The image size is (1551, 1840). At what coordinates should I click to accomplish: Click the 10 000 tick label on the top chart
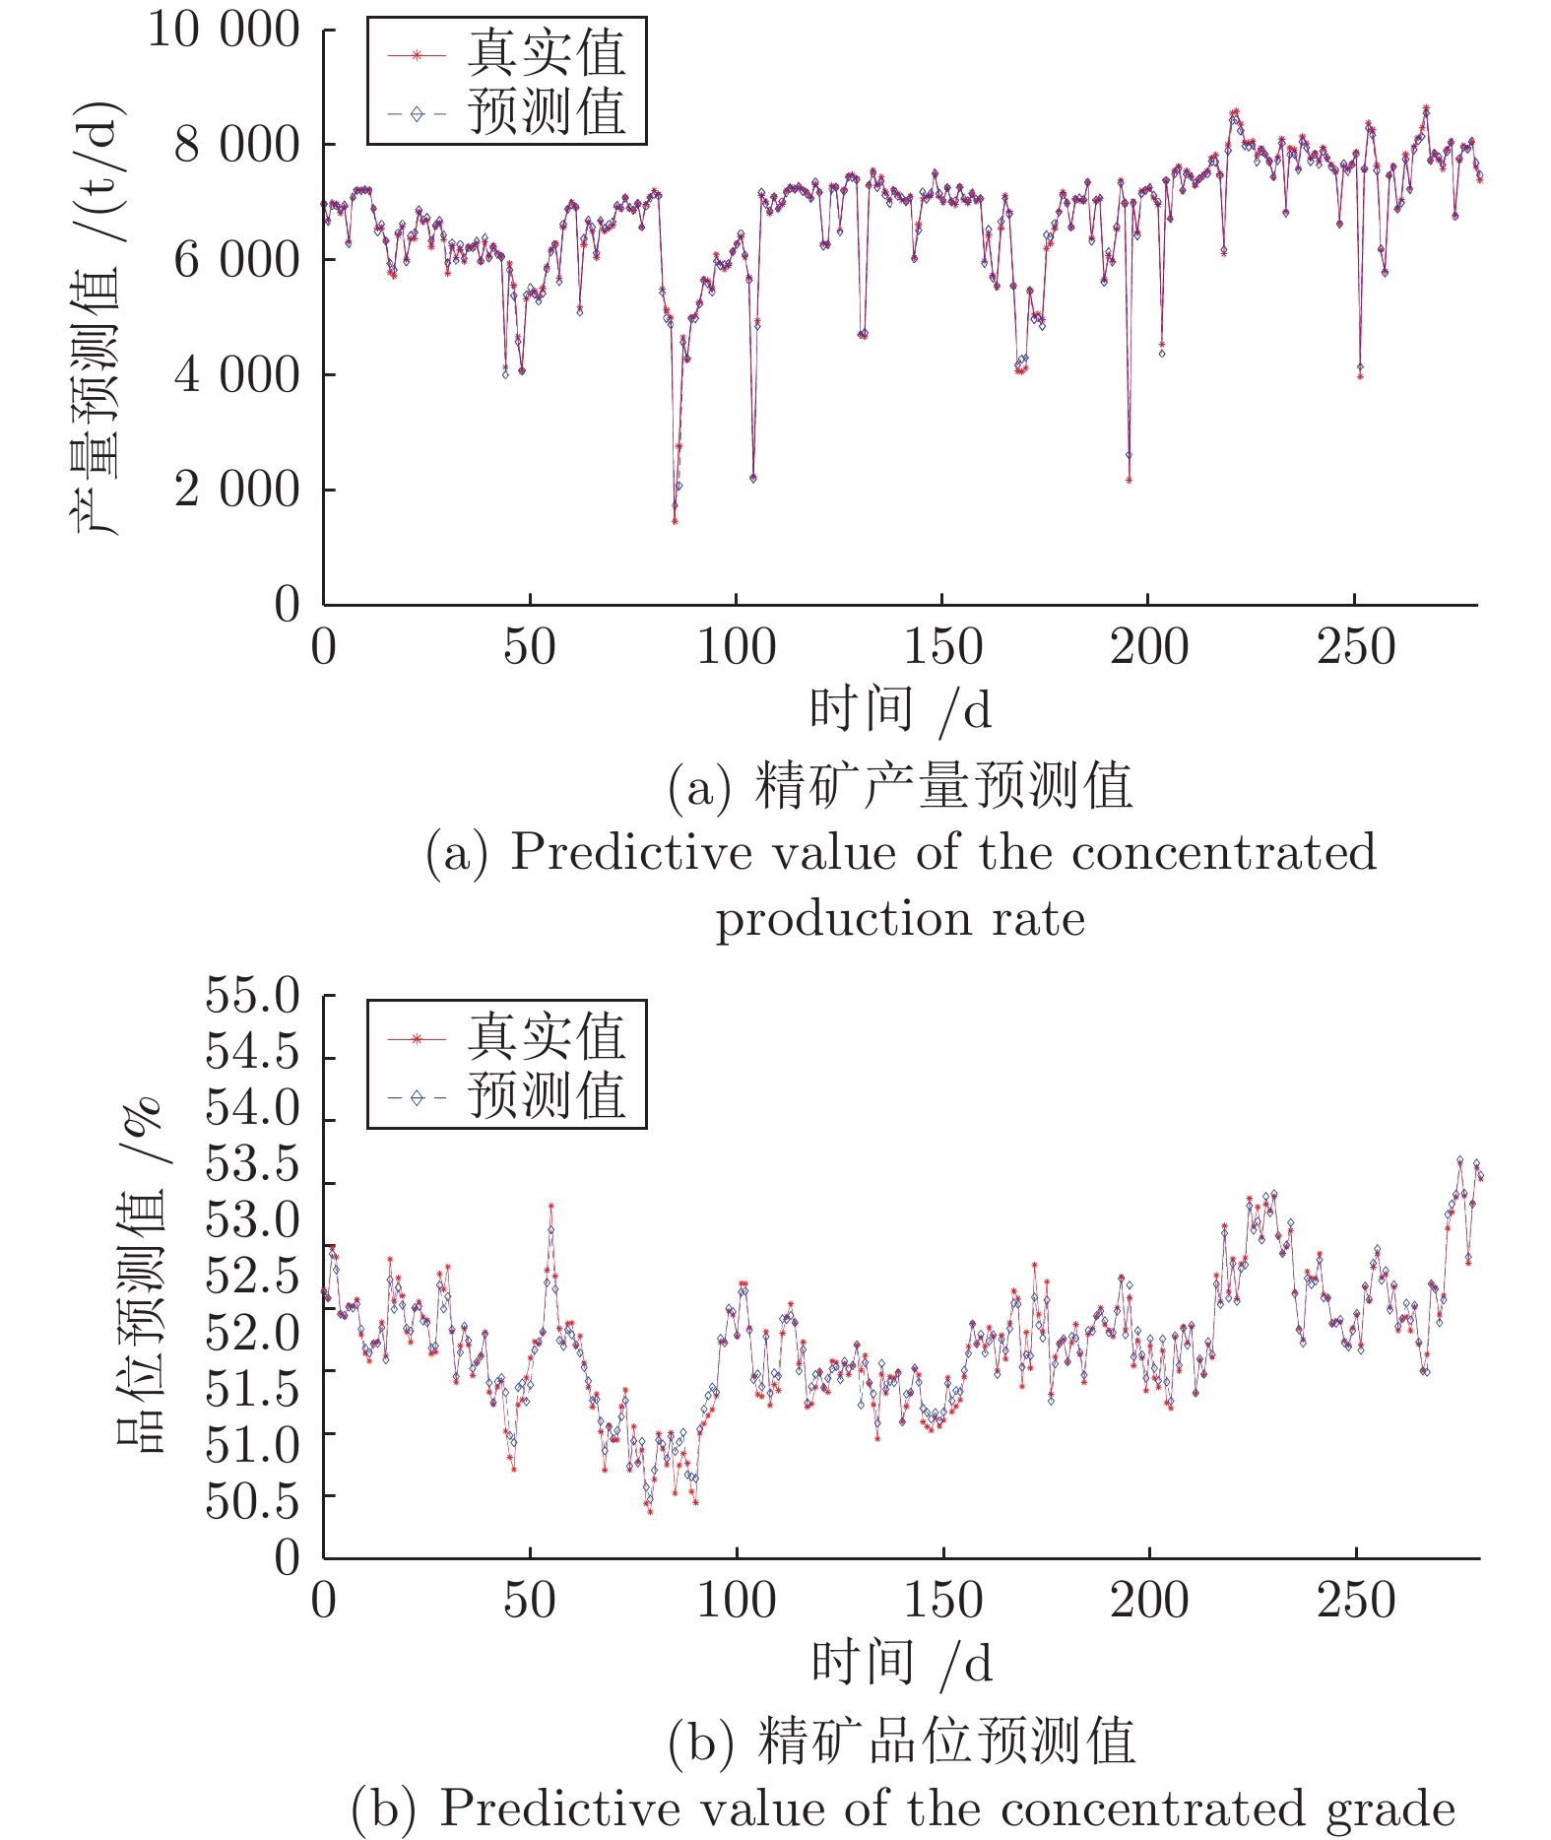point(223,30)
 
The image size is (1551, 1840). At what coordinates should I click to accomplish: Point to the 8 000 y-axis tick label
point(236,145)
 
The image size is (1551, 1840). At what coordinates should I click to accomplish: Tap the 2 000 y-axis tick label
point(236,490)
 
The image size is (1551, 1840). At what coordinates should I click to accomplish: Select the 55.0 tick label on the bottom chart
point(252,996)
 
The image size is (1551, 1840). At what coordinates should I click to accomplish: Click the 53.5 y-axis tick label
point(252,1165)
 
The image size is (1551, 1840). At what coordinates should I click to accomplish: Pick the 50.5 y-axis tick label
point(252,1502)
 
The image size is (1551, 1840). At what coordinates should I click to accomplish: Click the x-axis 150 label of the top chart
point(942,647)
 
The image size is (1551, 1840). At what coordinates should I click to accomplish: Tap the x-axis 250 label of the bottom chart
point(1356,1601)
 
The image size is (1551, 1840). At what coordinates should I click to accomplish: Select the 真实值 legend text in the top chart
point(547,53)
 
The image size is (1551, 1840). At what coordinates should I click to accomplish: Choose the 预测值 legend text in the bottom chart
point(547,1095)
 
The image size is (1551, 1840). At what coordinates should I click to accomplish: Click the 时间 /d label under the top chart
point(900,709)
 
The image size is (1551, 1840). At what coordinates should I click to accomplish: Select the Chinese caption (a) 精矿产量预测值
point(900,786)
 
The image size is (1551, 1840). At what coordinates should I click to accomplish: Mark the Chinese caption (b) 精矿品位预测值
point(900,1741)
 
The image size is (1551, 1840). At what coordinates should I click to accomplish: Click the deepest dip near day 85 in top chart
point(675,520)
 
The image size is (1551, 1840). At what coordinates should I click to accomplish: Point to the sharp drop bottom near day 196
point(1129,481)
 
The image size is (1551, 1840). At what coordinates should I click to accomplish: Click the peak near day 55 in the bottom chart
point(551,1206)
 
